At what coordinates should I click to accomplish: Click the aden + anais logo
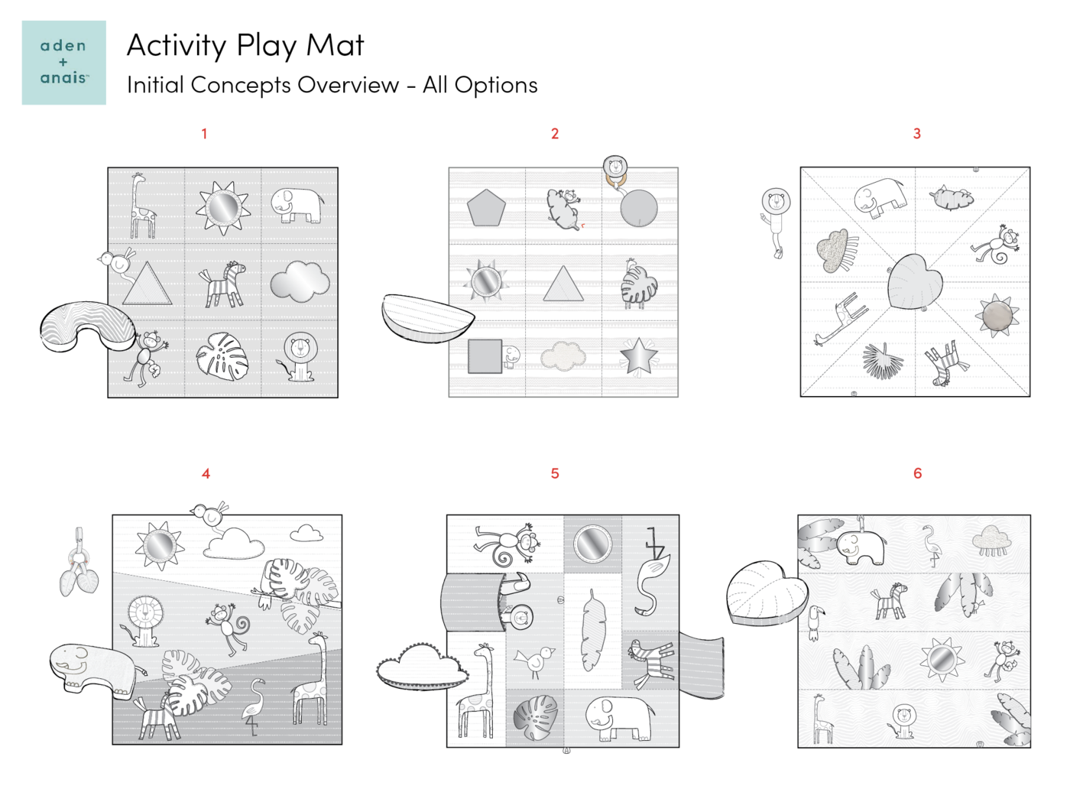(64, 63)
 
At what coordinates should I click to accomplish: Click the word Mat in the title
(335, 45)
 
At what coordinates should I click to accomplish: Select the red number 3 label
(916, 134)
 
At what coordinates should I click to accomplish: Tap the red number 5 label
(555, 473)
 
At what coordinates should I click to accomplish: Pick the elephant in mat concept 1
(297, 205)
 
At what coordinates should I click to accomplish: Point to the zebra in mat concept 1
(222, 284)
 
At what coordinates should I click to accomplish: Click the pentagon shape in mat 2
(486, 207)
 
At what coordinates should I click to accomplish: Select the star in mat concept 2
(639, 357)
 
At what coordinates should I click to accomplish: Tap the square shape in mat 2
(485, 356)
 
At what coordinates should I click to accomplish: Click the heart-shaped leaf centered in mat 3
(914, 282)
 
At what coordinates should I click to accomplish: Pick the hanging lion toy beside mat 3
(776, 222)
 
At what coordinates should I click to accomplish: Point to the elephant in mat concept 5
(620, 719)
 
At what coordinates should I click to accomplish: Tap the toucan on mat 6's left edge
(815, 622)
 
